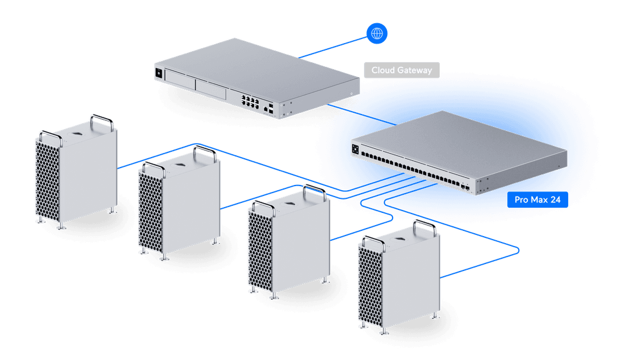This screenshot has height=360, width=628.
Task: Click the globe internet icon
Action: point(377,34)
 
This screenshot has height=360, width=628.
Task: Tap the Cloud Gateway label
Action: point(402,70)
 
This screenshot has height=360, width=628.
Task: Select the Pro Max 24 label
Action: point(537,200)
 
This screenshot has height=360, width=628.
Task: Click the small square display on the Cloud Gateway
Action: point(158,73)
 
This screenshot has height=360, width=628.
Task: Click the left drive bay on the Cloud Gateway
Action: point(180,80)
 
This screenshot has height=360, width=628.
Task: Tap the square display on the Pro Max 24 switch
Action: point(355,149)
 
